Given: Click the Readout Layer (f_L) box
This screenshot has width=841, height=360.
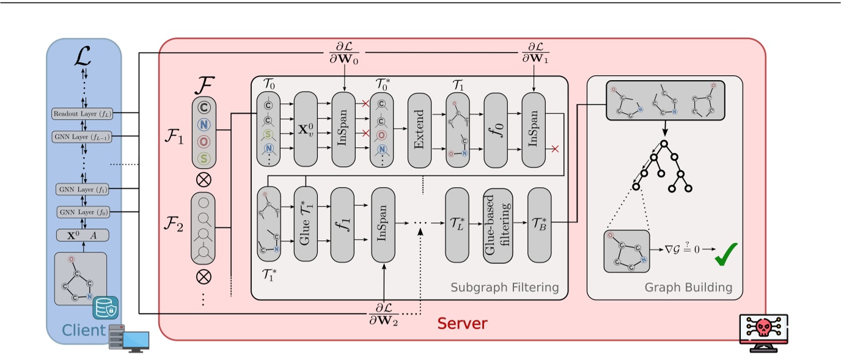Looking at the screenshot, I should pyautogui.click(x=84, y=113).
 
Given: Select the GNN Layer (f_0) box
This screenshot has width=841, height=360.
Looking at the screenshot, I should pyautogui.click(x=84, y=212).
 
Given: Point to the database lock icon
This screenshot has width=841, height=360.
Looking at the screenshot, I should pyautogui.click(x=105, y=309).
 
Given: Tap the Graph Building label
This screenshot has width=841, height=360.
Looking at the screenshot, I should pyautogui.click(x=688, y=287).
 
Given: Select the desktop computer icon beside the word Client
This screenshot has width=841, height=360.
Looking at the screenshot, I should pyautogui.click(x=130, y=337).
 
